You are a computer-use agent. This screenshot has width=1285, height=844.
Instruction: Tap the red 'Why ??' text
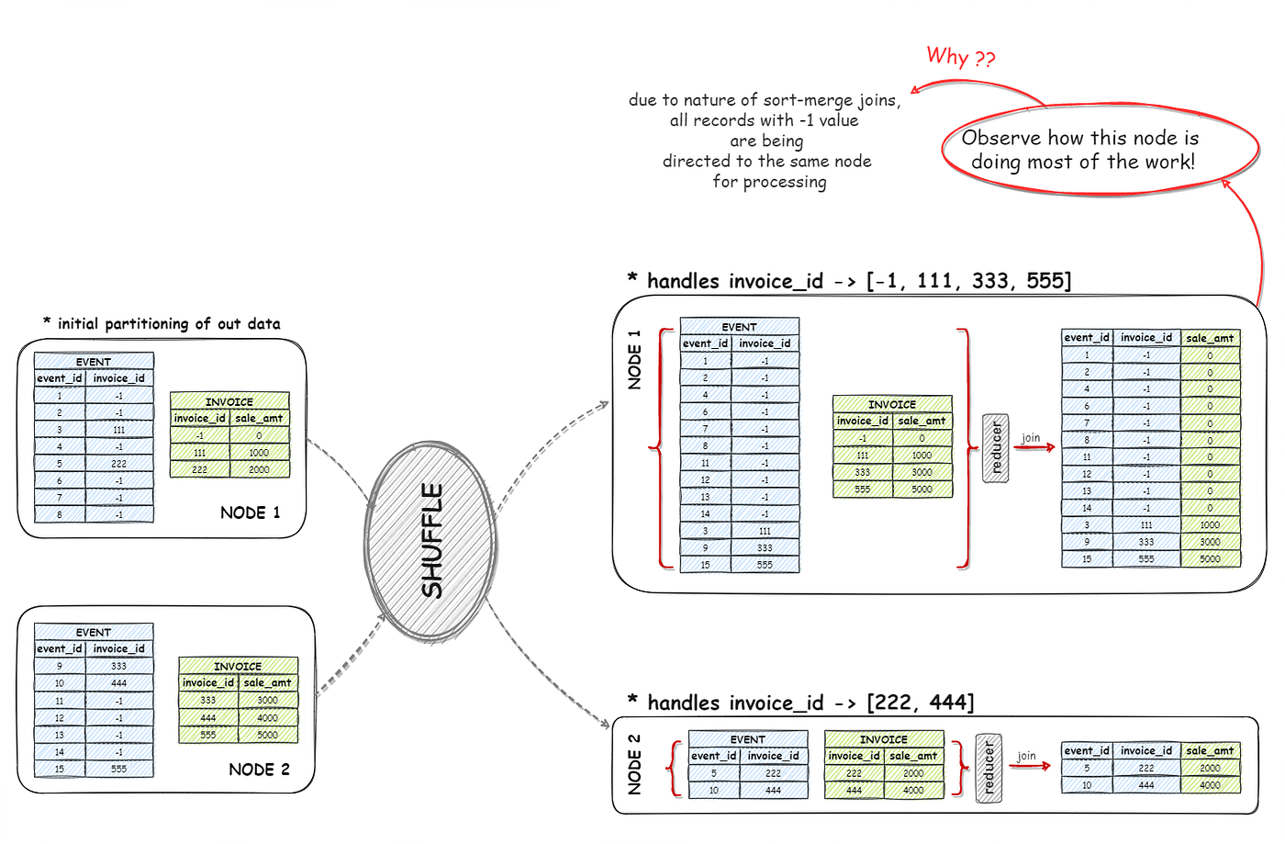pos(960,57)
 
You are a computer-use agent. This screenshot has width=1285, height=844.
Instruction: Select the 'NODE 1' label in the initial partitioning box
pos(250,512)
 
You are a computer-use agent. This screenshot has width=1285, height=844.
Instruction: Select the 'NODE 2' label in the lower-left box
pos(259,770)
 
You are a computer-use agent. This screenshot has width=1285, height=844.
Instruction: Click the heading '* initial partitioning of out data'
pos(162,323)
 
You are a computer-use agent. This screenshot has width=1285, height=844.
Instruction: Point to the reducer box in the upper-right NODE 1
pos(996,448)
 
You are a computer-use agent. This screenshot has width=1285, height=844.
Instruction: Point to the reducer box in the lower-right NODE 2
pos(989,769)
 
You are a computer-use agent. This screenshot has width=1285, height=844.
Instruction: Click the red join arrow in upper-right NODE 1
pos(1034,448)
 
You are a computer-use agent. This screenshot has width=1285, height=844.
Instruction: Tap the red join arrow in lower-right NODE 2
pos(1030,766)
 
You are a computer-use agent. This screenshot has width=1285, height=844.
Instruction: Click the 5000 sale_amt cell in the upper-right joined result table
pos(1210,558)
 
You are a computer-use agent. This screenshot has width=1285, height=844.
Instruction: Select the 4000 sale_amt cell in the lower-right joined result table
pos(1210,785)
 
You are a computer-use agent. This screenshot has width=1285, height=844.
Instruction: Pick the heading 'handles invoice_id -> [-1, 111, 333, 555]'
pos(858,281)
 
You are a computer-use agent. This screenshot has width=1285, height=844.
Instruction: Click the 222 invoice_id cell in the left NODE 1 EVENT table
pos(119,464)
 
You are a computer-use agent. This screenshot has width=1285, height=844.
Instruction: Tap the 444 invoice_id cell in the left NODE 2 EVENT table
pos(119,683)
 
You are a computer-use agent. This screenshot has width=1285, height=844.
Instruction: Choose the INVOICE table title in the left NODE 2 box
pos(238,666)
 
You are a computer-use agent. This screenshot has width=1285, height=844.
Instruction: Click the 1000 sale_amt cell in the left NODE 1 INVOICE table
pos(259,453)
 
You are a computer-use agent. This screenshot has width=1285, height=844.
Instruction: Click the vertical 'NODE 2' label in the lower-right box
pos(634,764)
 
